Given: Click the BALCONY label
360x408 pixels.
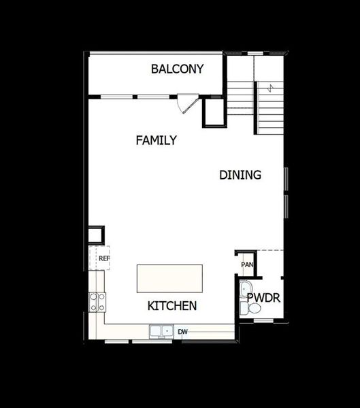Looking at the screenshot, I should [x=177, y=69].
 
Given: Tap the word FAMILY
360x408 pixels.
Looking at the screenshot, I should [x=156, y=141].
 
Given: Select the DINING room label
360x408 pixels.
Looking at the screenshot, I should [x=240, y=175].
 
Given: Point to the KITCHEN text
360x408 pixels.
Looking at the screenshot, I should [x=172, y=306].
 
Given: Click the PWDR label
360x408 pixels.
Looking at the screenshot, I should [x=264, y=298].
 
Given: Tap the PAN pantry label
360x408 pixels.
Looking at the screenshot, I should [x=246, y=265].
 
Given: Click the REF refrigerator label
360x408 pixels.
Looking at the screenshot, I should [x=103, y=258].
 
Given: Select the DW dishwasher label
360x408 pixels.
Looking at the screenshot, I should [x=182, y=332].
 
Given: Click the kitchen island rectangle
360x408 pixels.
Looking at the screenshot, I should [x=169, y=278].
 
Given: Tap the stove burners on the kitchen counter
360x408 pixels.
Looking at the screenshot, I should [x=97, y=301].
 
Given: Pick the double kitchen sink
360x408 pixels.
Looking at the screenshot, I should [x=161, y=331].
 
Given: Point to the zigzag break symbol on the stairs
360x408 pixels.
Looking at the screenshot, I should [x=270, y=88].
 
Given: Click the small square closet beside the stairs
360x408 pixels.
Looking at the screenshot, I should [x=214, y=112].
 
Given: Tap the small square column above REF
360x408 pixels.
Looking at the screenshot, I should [x=95, y=235].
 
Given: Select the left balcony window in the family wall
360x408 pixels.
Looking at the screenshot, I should [x=113, y=97].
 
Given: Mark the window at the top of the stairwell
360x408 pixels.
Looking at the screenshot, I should [x=255, y=52].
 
